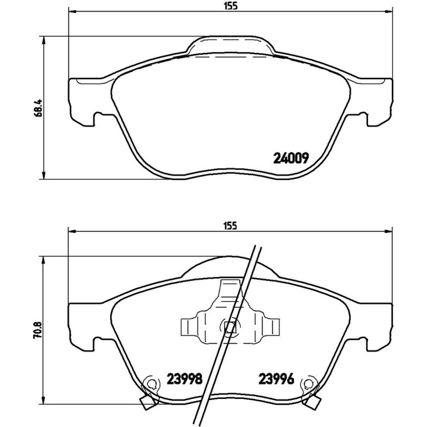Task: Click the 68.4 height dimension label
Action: click(38, 108)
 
